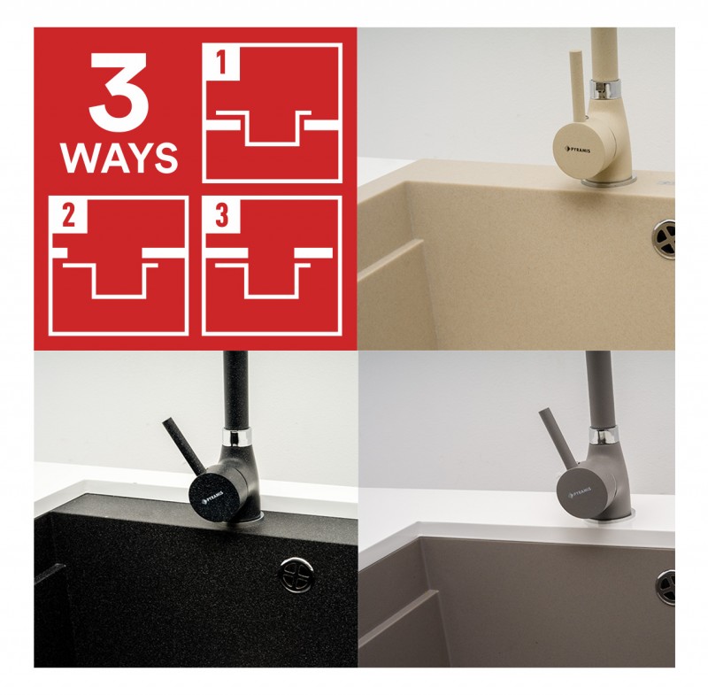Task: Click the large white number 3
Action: pyautogui.click(x=119, y=93)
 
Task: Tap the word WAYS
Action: pyautogui.click(x=119, y=158)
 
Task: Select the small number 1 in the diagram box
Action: pyautogui.click(x=221, y=62)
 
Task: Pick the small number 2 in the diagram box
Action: pyautogui.click(x=69, y=215)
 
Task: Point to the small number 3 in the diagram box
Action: pyautogui.click(x=222, y=215)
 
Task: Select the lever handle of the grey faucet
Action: pyautogui.click(x=558, y=436)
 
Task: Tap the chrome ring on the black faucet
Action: pyautogui.click(x=237, y=436)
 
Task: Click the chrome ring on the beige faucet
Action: pyautogui.click(x=604, y=88)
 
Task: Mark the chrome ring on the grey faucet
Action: pyautogui.click(x=603, y=436)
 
